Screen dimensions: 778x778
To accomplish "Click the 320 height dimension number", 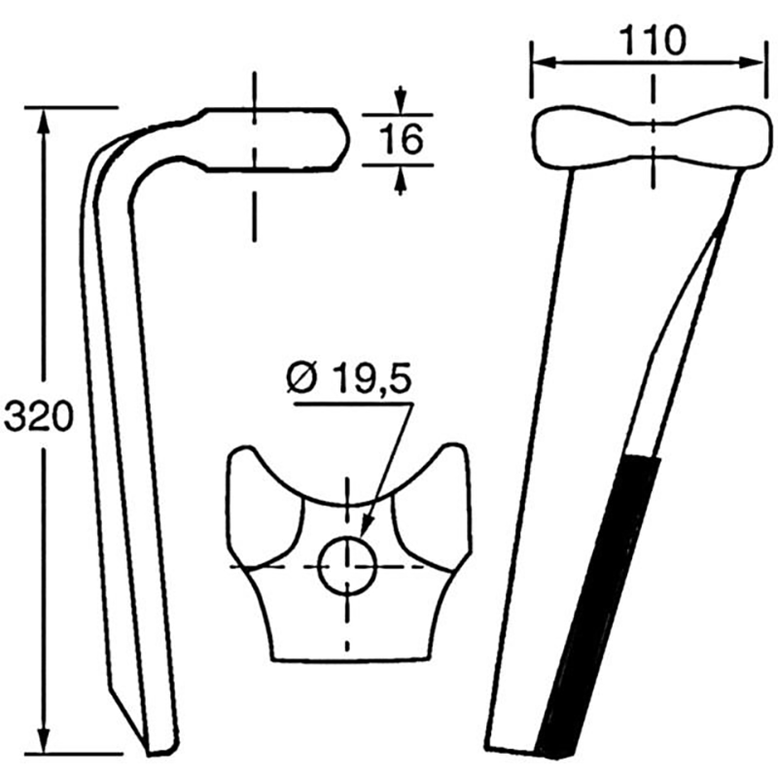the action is click(x=38, y=416).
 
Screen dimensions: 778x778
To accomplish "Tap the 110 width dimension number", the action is click(x=653, y=41).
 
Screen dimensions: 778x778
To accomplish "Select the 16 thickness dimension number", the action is click(x=401, y=139).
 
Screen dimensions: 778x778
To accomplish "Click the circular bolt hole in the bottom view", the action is click(x=347, y=567).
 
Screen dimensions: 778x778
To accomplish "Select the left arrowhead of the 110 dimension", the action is click(x=544, y=62).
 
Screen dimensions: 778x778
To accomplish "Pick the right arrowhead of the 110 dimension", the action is click(x=749, y=62).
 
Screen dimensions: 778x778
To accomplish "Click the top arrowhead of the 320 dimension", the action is click(x=45, y=121).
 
